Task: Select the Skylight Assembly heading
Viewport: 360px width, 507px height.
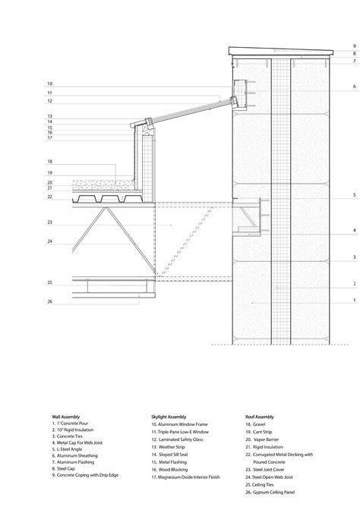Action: [168, 417]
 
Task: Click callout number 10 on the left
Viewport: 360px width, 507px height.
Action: [49, 83]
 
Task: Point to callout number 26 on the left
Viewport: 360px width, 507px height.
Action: [49, 301]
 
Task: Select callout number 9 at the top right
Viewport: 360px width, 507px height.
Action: [354, 46]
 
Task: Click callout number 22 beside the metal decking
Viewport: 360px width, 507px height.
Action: [49, 197]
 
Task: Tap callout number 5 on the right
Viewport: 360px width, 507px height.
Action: [354, 196]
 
